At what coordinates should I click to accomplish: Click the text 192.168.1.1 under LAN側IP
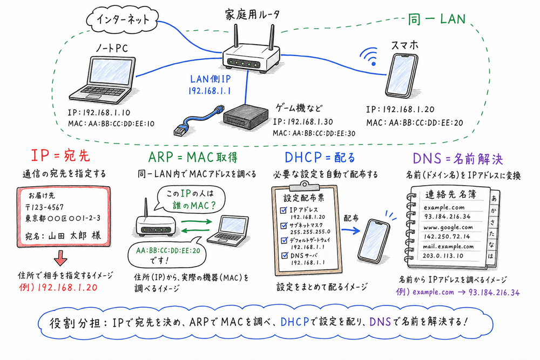tap(210, 91)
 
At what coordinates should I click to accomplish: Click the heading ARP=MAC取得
tap(192, 158)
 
